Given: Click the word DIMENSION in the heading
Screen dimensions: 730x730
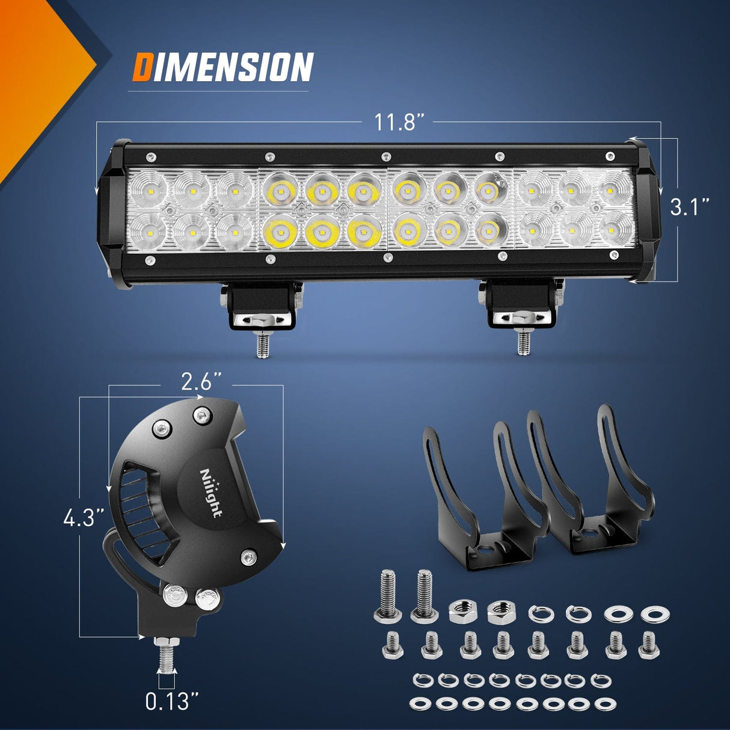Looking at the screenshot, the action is [222, 67].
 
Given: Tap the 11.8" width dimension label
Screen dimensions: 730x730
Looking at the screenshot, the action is [397, 122].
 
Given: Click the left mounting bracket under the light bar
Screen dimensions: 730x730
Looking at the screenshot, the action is [262, 305].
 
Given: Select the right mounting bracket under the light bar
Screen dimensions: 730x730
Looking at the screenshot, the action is [521, 304].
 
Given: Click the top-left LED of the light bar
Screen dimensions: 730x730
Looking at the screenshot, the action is [147, 188].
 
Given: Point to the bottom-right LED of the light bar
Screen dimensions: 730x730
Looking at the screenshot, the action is [616, 229].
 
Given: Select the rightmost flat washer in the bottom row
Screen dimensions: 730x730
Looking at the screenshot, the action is [604, 704].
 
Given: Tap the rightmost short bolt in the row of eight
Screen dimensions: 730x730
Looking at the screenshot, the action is [649, 646].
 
